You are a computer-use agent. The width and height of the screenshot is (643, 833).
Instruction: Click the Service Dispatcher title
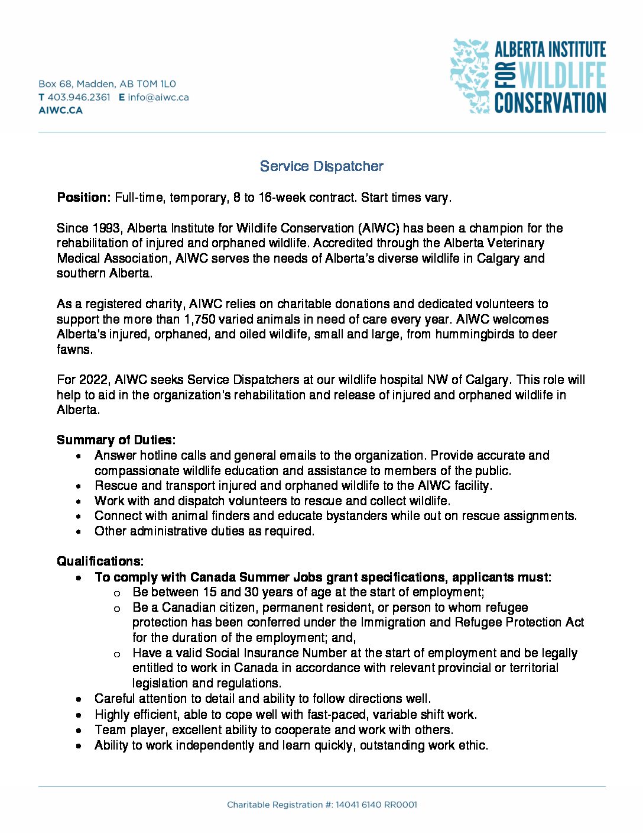[321, 166]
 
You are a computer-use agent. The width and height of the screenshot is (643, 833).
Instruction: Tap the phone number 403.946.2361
[79, 97]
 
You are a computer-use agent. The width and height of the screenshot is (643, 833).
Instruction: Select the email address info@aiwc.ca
[158, 97]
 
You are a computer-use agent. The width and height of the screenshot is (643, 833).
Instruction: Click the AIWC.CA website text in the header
[60, 110]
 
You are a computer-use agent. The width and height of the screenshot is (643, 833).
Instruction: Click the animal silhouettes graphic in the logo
[470, 75]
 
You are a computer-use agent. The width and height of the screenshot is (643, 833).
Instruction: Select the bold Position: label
[83, 198]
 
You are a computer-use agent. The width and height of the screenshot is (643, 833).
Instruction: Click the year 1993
[106, 228]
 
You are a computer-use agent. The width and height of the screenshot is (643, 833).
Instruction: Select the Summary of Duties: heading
[116, 440]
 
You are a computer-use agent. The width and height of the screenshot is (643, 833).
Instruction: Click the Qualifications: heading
[100, 561]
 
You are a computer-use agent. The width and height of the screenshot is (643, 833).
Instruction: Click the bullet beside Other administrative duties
[79, 532]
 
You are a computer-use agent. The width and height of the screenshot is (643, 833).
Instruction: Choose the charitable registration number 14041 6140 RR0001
[376, 805]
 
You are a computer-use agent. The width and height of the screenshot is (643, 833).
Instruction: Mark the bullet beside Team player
[79, 731]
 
